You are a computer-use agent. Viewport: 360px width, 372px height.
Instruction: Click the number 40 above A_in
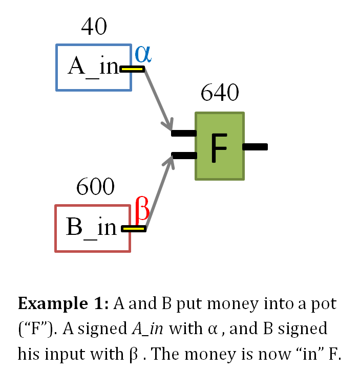(94, 27)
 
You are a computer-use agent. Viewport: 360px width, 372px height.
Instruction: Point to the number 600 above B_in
(95, 187)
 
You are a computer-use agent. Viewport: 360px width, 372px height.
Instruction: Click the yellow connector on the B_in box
(134, 229)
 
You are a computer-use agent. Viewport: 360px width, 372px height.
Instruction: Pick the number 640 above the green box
(220, 94)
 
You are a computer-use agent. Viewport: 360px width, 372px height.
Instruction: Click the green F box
(220, 146)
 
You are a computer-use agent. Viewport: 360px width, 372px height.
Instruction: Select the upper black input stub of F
(183, 134)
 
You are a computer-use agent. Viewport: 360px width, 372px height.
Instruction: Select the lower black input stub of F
(183, 156)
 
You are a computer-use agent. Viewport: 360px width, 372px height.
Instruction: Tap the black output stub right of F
(255, 147)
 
